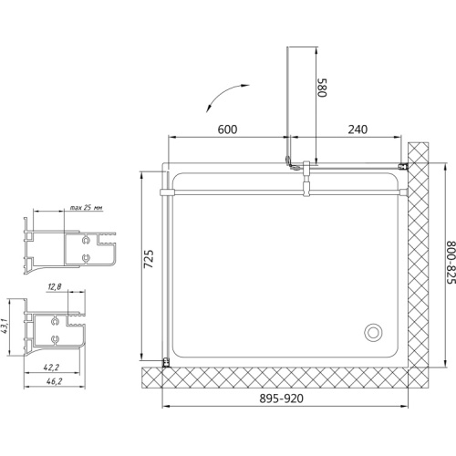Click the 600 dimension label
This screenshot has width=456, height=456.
pyautogui.click(x=227, y=130)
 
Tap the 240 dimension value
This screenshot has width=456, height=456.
pyautogui.click(x=358, y=130)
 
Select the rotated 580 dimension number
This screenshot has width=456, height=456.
pyautogui.click(x=322, y=88)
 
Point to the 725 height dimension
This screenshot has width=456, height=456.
pyautogui.click(x=149, y=259)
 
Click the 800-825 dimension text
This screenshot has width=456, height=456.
pyautogui.click(x=451, y=263)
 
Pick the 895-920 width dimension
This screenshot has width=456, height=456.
pyautogui.click(x=281, y=399)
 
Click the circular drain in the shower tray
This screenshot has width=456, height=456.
pyautogui.click(x=373, y=332)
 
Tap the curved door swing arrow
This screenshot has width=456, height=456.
pyautogui.click(x=224, y=94)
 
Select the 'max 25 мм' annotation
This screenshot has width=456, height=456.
pyautogui.click(x=86, y=208)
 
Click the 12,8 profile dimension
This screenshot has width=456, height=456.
pyautogui.click(x=55, y=286)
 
